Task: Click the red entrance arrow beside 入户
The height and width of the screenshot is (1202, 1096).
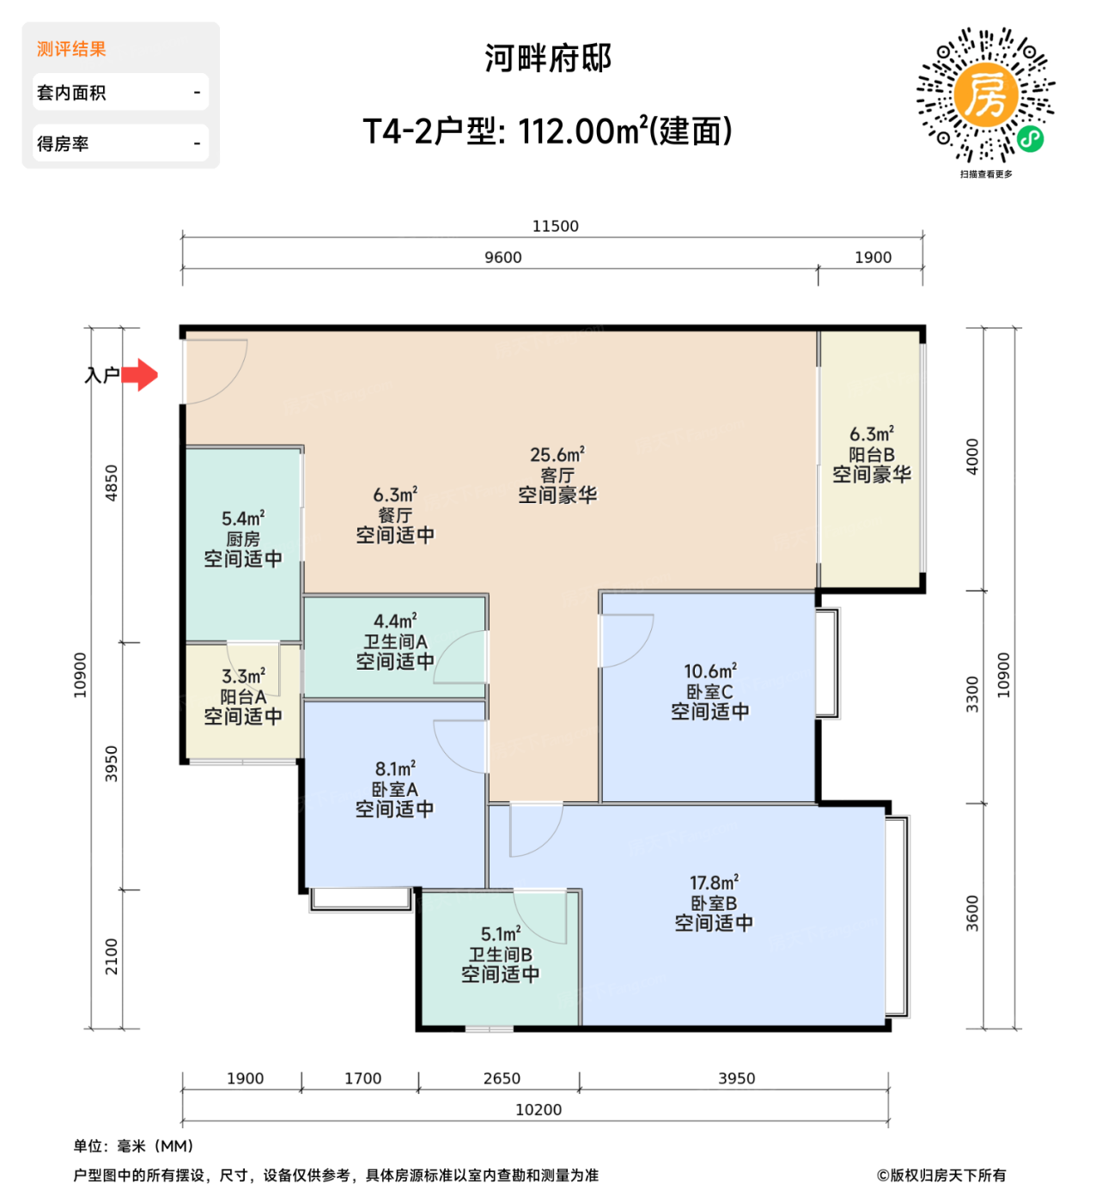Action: click(x=141, y=375)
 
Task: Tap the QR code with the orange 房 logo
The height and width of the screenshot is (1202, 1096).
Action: click(x=986, y=95)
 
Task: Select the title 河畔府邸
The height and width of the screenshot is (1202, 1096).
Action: click(x=547, y=58)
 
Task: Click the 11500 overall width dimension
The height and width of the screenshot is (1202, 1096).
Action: click(x=555, y=226)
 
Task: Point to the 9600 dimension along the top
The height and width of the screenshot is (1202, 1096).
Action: click(x=502, y=258)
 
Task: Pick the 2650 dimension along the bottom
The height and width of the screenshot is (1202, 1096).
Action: click(x=502, y=1078)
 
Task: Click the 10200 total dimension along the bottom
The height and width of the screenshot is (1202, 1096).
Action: click(x=539, y=1109)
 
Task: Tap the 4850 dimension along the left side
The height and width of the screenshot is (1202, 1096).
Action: click(x=112, y=483)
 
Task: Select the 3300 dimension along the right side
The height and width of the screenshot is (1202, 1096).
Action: click(x=972, y=694)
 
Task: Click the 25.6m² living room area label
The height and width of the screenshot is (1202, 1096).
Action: click(x=557, y=454)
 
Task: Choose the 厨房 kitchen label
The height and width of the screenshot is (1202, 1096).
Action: click(x=242, y=539)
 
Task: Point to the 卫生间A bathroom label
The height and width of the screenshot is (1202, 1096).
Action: click(x=395, y=641)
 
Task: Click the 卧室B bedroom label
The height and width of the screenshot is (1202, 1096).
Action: click(x=714, y=903)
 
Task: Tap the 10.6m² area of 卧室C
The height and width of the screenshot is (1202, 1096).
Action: click(x=709, y=671)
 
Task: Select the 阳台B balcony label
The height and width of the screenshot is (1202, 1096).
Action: click(x=871, y=454)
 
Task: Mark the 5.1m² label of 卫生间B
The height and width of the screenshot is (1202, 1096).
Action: click(x=501, y=934)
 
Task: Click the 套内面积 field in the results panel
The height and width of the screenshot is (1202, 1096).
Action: click(x=120, y=92)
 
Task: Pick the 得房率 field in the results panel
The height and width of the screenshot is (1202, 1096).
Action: click(x=120, y=143)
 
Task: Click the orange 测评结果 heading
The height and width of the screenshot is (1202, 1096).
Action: click(x=71, y=49)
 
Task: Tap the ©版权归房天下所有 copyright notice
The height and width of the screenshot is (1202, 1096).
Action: click(x=941, y=1175)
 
